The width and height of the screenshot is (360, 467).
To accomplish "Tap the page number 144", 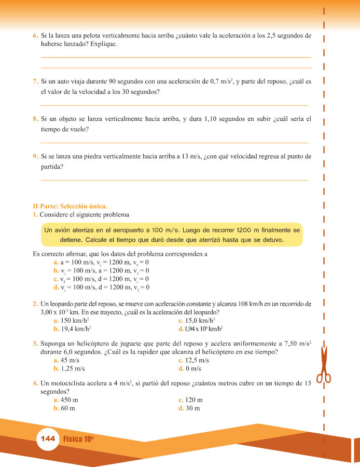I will tap(47, 438).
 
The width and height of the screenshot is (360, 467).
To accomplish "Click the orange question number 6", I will tap(35, 36).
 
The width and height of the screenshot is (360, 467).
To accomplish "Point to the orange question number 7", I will tap(35, 81).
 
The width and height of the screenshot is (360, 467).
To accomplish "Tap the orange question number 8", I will tap(35, 119).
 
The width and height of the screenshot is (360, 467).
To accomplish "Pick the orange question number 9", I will tap(35, 156).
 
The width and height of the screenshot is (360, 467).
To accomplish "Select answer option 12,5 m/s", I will tap(197, 360).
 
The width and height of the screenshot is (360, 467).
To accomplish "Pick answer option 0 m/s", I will tap(193, 368).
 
